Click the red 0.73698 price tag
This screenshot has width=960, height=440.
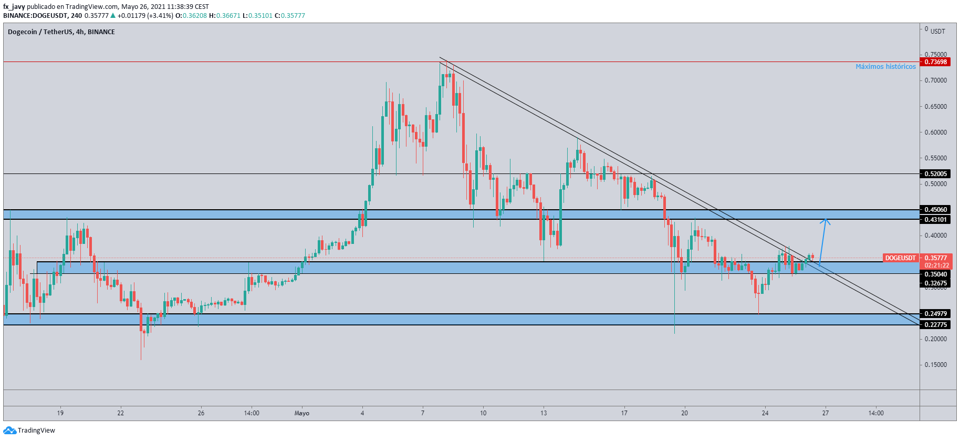(936, 62)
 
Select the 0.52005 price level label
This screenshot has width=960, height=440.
(936, 174)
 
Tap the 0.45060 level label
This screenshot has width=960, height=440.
(936, 210)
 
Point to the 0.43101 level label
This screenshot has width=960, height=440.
(936, 220)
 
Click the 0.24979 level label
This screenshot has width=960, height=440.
(936, 314)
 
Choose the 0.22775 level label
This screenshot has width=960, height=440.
(936, 325)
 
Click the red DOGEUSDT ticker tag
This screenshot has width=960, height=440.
(901, 258)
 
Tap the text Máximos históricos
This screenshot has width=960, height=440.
(885, 67)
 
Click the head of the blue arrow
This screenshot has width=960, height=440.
(826, 220)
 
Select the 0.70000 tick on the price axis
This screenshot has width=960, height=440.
(935, 80)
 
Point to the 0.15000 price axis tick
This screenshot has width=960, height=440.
(935, 365)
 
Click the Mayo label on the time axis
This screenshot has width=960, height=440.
(302, 413)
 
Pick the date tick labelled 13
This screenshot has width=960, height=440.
(544, 413)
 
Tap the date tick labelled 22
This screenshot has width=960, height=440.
(121, 413)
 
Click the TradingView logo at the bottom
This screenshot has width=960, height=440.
(29, 431)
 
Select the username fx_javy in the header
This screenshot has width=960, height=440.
(14, 7)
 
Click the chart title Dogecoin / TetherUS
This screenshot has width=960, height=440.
(40, 32)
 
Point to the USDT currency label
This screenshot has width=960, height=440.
(937, 32)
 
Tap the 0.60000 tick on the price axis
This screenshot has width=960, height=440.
(935, 132)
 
